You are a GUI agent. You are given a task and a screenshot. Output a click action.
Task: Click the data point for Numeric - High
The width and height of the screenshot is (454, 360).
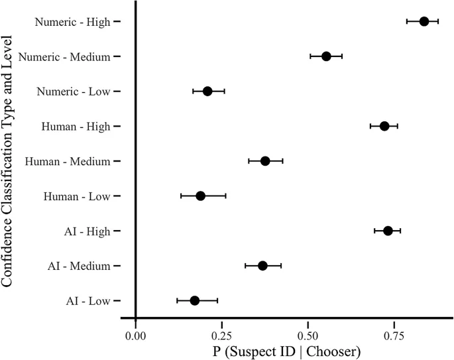point(424,21)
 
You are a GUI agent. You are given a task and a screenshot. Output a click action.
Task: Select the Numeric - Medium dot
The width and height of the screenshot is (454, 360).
point(326,56)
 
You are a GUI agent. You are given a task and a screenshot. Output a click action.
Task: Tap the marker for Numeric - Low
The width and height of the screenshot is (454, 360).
point(207,91)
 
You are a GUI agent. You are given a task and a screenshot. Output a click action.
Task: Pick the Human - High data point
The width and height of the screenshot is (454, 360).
point(384,126)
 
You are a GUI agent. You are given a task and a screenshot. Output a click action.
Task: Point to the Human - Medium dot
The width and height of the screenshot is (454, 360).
point(265,161)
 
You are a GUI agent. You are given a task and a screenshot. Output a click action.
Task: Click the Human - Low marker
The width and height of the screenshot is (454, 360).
point(200,196)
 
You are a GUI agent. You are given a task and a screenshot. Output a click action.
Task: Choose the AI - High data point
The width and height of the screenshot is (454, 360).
point(388,231)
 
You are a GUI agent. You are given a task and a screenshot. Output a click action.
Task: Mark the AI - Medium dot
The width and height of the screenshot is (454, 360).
point(262,266)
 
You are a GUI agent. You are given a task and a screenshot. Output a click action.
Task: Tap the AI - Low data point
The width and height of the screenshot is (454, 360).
point(194,300)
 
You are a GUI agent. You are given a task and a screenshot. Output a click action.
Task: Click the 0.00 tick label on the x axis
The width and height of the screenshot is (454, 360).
point(135,334)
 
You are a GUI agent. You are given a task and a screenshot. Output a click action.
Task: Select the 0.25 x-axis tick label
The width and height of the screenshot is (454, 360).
point(221,334)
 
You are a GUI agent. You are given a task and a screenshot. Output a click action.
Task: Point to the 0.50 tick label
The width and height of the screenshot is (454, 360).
point(308,334)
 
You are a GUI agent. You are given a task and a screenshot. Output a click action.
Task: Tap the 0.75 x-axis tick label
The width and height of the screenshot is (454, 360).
point(394,334)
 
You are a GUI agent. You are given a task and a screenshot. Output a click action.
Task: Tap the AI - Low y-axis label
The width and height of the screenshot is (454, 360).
point(87,301)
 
